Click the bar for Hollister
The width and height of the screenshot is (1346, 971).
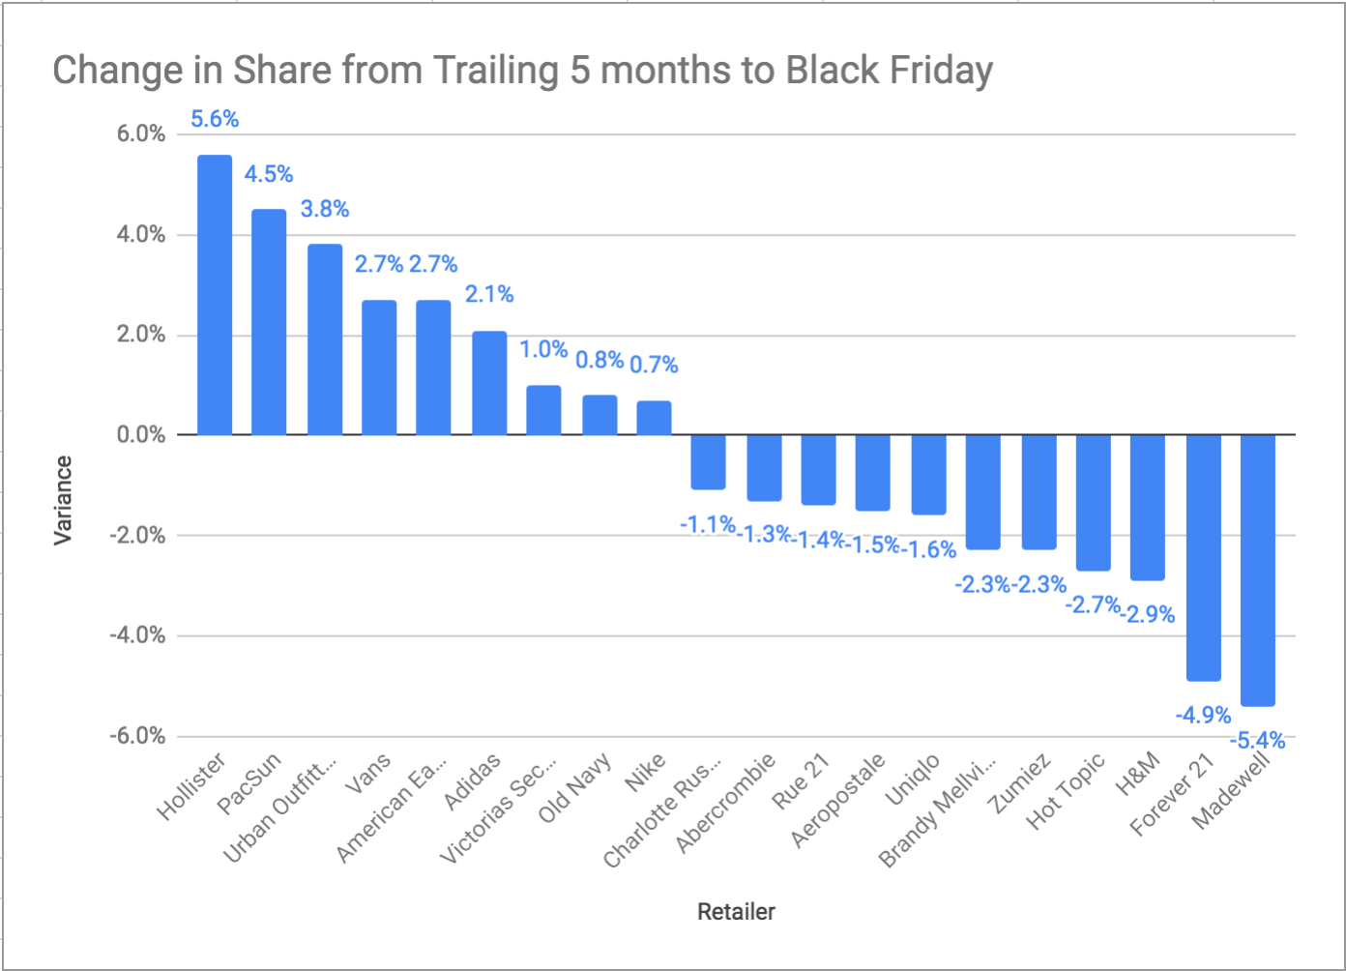(215, 295)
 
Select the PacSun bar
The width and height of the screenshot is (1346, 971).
(269, 322)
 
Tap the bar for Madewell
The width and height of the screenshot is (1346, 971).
(1258, 571)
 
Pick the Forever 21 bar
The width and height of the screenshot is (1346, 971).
(1204, 558)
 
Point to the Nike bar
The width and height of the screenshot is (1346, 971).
(654, 418)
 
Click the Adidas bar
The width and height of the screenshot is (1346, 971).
(489, 383)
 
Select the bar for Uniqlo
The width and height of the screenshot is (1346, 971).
(928, 475)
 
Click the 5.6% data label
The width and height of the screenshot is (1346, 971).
(215, 119)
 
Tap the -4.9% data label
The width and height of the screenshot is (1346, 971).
(1203, 715)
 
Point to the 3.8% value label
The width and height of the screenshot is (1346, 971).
(325, 209)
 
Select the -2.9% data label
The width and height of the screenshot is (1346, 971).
(1148, 614)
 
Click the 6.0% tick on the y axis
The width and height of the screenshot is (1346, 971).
(141, 133)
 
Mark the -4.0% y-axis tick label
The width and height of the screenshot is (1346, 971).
(137, 635)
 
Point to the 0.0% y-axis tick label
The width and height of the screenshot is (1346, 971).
(141, 434)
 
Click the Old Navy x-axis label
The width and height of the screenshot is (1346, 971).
(574, 787)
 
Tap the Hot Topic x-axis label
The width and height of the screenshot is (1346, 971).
(1065, 791)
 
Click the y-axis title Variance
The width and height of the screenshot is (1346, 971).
(63, 501)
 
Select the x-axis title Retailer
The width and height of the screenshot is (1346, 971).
(736, 911)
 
